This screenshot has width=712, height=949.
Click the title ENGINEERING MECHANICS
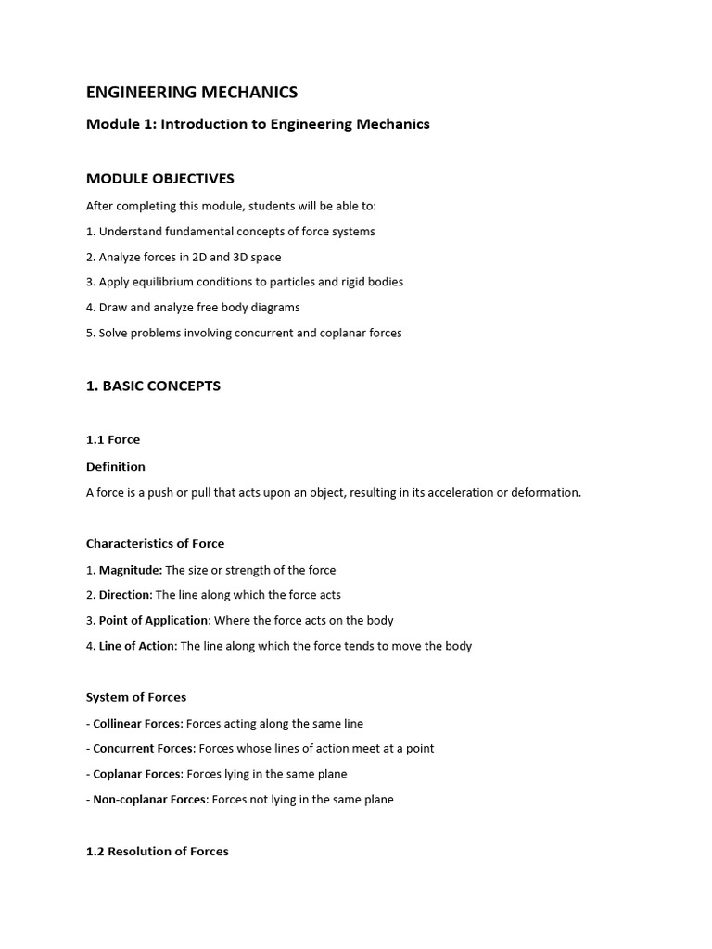[192, 92]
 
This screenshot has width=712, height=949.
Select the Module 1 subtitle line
[258, 124]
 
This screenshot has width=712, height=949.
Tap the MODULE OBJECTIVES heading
[159, 178]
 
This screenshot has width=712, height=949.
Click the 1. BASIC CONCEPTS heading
[153, 386]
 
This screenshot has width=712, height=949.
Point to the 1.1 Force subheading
[113, 439]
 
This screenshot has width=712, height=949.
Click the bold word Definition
[116, 466]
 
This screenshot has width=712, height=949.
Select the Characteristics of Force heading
[155, 543]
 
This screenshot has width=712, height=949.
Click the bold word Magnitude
[130, 570]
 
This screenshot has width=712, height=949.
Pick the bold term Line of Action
[136, 646]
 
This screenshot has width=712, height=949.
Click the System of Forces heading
[136, 697]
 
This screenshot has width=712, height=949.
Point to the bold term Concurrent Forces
[143, 748]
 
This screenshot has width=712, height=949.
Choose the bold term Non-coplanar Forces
[150, 799]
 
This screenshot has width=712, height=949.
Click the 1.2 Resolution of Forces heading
[158, 851]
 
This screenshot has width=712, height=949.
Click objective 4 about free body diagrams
[193, 307]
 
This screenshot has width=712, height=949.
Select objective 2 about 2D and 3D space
[184, 257]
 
